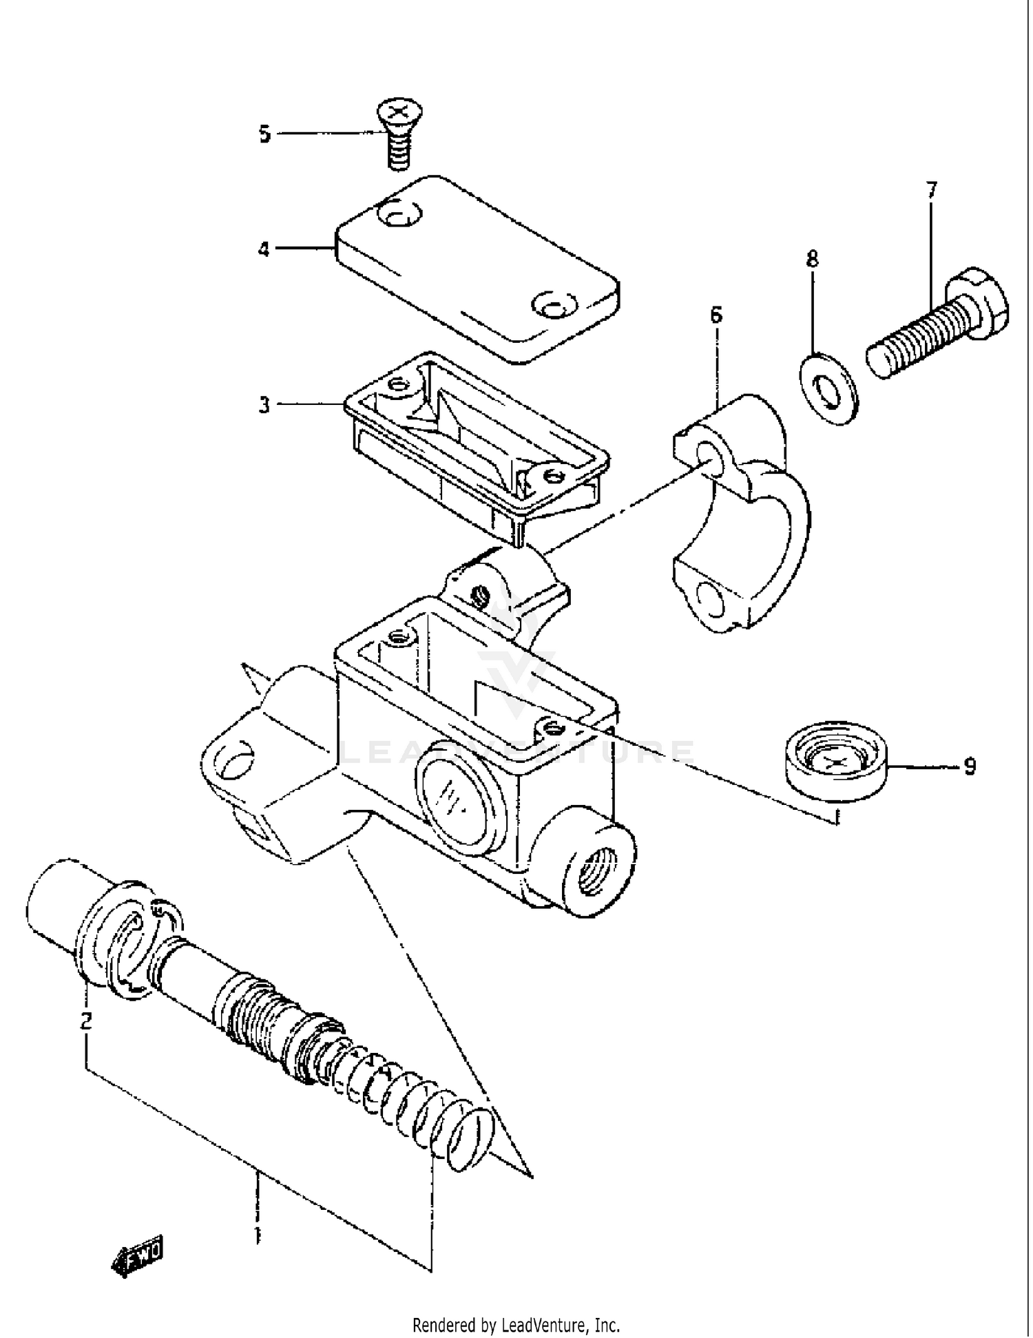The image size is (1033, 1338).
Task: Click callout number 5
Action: (x=265, y=134)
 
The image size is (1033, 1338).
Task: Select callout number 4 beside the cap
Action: (x=264, y=249)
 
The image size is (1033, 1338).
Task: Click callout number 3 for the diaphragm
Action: (x=265, y=405)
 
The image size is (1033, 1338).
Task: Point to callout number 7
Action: (x=931, y=189)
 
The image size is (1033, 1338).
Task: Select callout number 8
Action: (x=813, y=260)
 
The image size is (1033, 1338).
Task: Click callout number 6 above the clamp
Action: (x=716, y=315)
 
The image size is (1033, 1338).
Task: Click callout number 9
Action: (x=970, y=766)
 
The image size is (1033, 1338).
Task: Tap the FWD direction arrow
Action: (x=138, y=1259)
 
